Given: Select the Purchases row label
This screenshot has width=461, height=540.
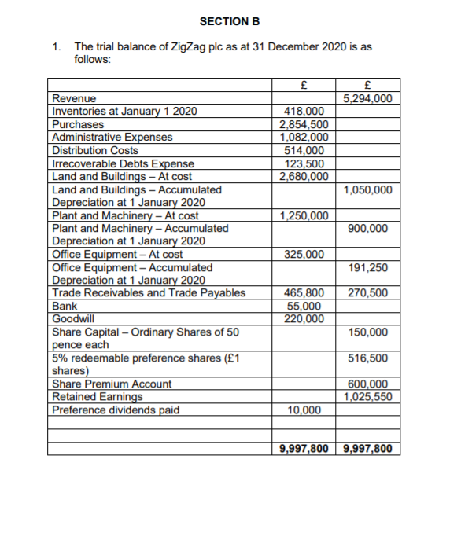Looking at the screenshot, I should click(77, 124).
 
